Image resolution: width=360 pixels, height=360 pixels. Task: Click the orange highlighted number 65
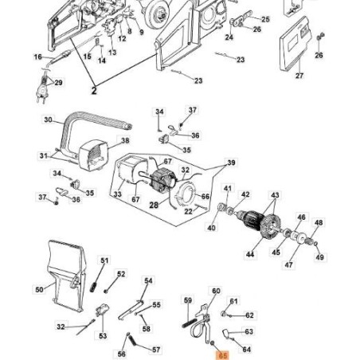[222, 355]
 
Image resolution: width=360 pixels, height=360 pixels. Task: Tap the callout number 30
[48, 119]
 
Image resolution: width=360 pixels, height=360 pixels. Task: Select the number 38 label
[125, 140]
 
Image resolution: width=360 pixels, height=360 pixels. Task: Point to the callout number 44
[250, 254]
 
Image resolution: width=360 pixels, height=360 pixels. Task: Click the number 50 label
[39, 289]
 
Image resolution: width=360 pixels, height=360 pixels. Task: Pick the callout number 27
[299, 76]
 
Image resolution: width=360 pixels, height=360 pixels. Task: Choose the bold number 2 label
[94, 91]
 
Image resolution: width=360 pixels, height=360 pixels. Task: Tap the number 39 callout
[231, 162]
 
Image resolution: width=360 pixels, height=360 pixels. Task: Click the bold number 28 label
[154, 205]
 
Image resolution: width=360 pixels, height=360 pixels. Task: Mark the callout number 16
[38, 57]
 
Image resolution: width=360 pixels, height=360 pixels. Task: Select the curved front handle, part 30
[88, 127]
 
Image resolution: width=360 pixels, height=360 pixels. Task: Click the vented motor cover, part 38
[93, 155]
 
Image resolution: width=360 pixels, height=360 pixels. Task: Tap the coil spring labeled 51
[94, 286]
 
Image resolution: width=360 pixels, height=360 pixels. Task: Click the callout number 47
[288, 264]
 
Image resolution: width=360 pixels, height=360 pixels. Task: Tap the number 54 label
[148, 280]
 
